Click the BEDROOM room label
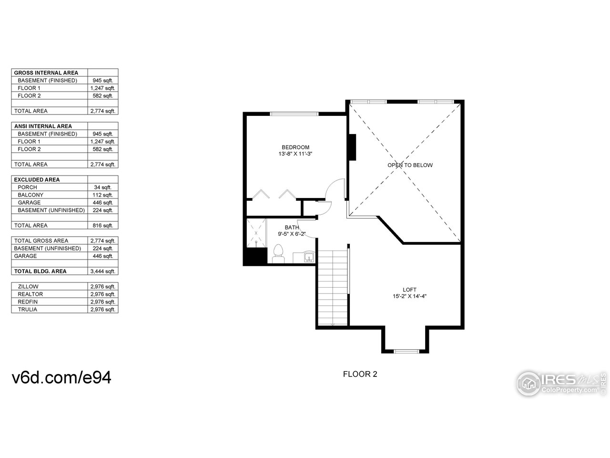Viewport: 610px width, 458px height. (295, 147)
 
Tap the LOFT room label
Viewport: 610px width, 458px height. (409, 290)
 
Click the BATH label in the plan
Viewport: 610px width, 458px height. (291, 228)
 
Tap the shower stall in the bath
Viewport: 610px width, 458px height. (256, 233)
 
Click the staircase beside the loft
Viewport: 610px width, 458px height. (333, 288)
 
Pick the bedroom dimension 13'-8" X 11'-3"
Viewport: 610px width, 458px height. (295, 154)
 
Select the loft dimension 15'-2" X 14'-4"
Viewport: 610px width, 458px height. (409, 296)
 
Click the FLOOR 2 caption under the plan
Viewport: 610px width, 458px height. (360, 374)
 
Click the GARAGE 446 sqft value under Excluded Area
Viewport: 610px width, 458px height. (102, 203)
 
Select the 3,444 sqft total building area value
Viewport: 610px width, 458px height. (102, 271)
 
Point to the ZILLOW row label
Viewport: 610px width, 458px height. (28, 287)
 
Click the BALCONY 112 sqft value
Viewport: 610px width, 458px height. (102, 195)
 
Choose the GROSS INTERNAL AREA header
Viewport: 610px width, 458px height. (46, 73)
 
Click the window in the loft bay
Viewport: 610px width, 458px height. (406, 352)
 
